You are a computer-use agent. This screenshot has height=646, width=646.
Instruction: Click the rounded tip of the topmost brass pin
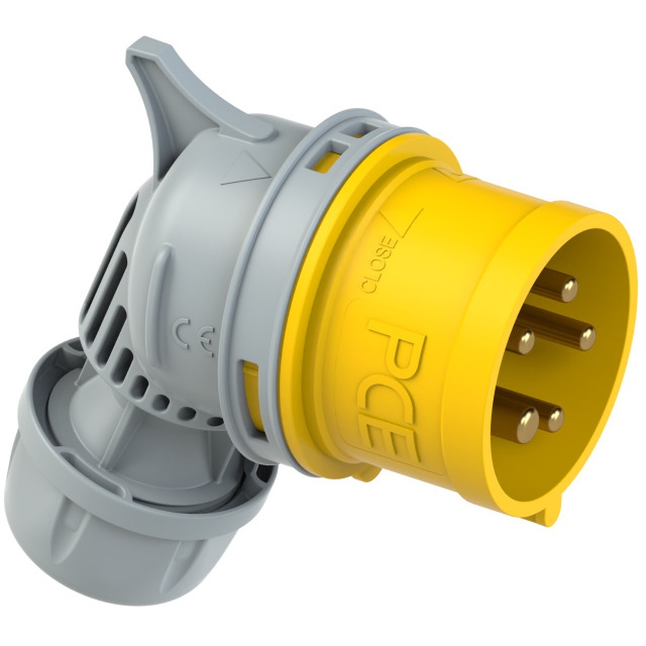568,290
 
